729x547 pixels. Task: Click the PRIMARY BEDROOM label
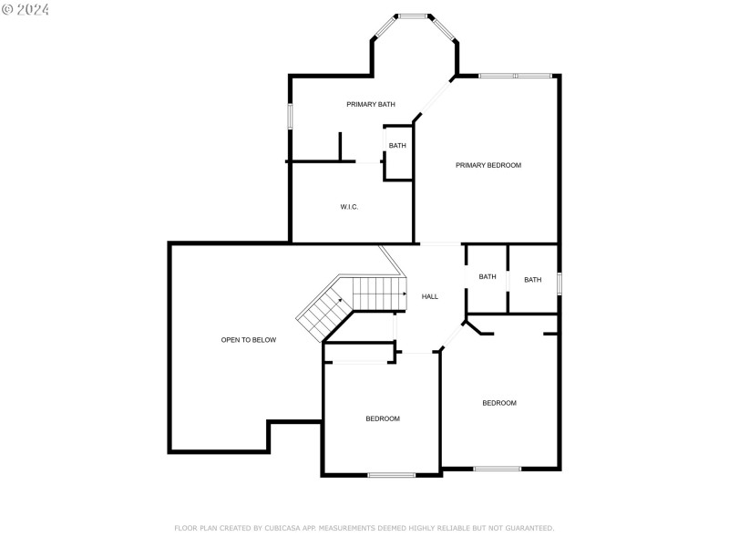488,165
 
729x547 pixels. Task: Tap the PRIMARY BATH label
371,104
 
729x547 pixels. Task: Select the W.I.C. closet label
349,207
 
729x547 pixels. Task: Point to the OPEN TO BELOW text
248,340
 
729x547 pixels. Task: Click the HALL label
430,296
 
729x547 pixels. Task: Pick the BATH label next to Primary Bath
397,146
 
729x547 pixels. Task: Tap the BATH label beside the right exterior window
532,280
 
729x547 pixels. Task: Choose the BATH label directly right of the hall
488,276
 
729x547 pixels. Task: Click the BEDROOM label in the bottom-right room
499,403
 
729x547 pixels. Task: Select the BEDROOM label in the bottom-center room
383,418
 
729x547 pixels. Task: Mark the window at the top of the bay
413,15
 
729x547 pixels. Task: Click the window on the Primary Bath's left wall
291,116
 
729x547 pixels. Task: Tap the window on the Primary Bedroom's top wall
515,76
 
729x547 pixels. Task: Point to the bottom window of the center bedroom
392,474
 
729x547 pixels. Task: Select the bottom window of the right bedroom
498,469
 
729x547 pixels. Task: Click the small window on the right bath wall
559,283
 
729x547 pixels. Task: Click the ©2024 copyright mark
26,9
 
